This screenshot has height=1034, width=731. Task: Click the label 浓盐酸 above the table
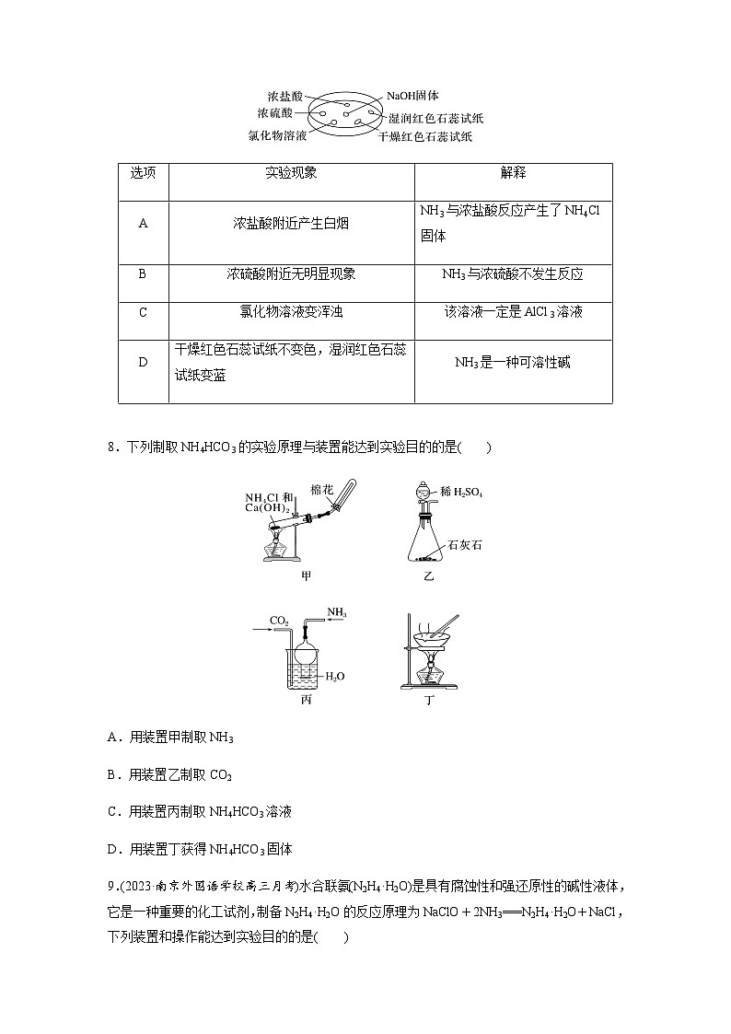coord(284,96)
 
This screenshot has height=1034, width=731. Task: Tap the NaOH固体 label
coord(412,95)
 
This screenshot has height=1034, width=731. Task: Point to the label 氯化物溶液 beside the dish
coord(277,135)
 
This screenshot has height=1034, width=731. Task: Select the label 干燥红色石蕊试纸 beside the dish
coord(426,136)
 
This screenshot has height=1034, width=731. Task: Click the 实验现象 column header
coord(291,173)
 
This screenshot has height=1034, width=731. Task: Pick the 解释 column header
coord(513,173)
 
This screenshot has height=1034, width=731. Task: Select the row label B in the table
coord(143,274)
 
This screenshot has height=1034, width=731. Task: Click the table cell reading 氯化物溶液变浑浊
coord(291,312)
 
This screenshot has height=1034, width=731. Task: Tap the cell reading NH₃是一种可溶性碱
coord(513,362)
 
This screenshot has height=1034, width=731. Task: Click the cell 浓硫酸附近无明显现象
coord(291,274)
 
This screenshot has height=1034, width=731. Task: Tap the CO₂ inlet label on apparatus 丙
coord(278,620)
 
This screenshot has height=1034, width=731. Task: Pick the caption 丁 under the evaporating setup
coord(429,700)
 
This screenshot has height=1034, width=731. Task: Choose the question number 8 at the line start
coord(110,448)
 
